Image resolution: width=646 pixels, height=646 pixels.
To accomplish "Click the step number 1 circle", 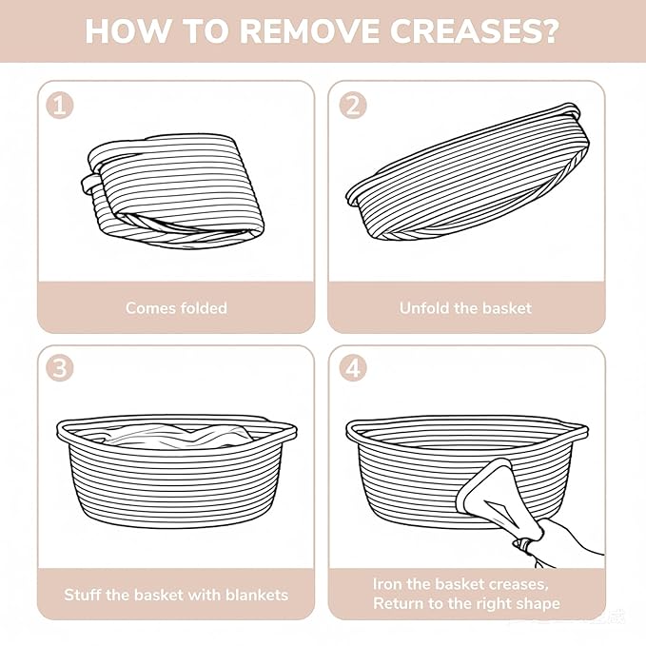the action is tap(60, 106).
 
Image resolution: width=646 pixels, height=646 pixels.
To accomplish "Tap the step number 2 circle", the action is tap(353, 106).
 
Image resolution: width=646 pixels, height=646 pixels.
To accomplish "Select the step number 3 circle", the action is tap(60, 367).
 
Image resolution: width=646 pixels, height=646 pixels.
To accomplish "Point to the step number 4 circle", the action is tap(353, 367).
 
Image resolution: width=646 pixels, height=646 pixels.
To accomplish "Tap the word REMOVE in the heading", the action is tap(308, 30).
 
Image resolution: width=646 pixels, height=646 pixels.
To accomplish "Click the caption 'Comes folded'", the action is tap(176, 308).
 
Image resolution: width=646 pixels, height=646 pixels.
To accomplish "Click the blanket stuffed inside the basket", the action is tap(177, 436).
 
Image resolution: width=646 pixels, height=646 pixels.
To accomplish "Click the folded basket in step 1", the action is tap(172, 190).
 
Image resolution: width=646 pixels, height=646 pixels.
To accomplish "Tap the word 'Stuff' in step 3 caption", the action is tap(82, 595).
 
